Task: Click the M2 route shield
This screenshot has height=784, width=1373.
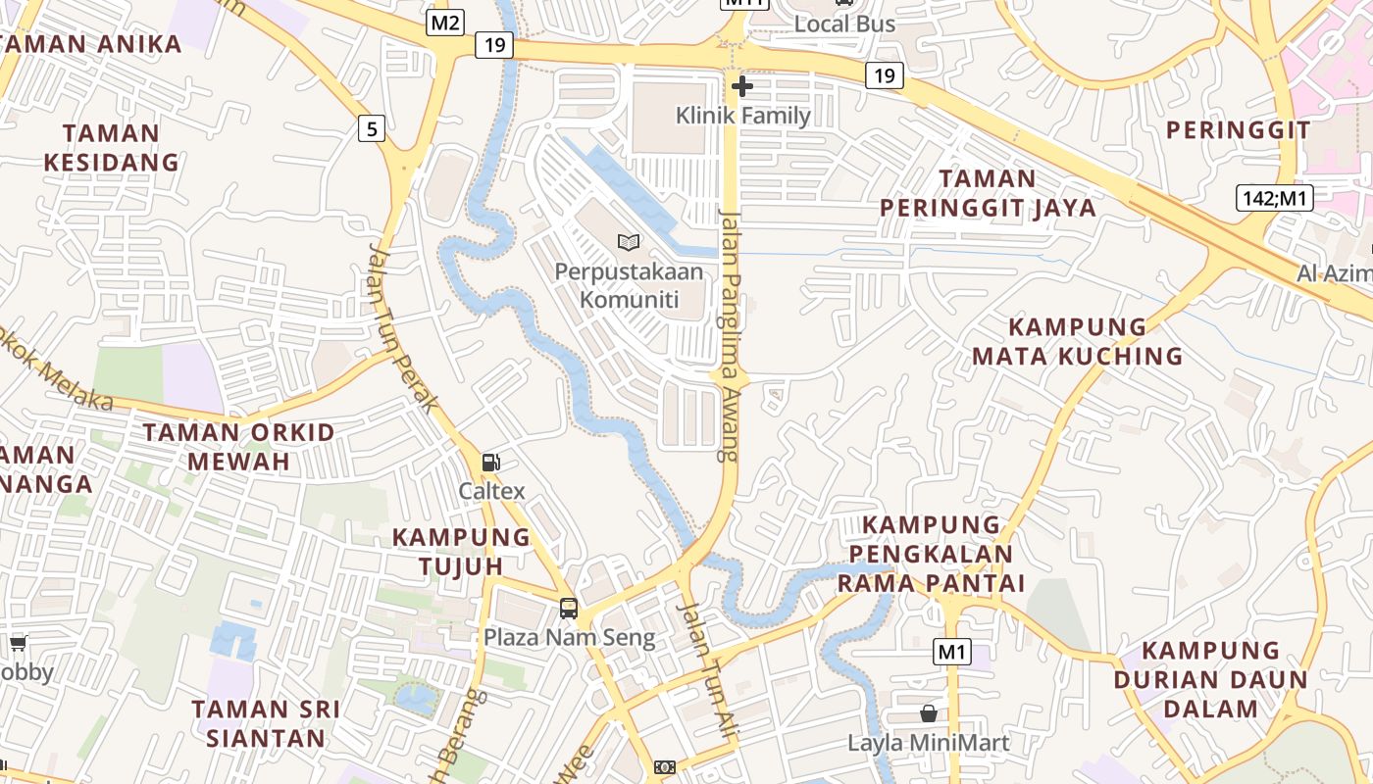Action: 444,23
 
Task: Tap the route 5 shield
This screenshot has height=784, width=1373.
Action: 371,127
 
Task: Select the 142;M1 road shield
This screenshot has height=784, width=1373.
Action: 1274,199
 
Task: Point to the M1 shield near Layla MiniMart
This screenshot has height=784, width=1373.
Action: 951,652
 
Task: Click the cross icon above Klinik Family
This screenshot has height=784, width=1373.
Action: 742,86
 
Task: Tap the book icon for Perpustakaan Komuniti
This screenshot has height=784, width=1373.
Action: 629,241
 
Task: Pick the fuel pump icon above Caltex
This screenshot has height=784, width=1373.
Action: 490,462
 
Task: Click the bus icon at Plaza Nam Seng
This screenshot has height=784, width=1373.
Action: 569,608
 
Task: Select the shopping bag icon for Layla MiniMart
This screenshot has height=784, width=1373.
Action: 928,713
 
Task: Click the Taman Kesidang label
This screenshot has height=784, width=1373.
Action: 112,148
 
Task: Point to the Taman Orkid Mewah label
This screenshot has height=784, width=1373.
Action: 238,447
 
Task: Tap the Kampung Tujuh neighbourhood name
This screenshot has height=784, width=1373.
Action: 461,551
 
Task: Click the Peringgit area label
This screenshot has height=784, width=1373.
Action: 1238,130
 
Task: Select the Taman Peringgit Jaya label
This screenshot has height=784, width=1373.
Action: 988,193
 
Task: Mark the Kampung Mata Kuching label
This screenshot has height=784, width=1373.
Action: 1078,341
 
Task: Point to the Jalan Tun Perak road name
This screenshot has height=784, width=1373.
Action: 402,328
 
